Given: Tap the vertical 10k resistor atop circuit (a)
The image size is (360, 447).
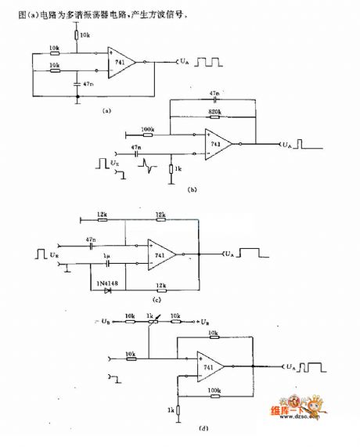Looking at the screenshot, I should coord(77,34).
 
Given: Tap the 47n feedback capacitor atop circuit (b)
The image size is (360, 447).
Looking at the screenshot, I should coord(214,99).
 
